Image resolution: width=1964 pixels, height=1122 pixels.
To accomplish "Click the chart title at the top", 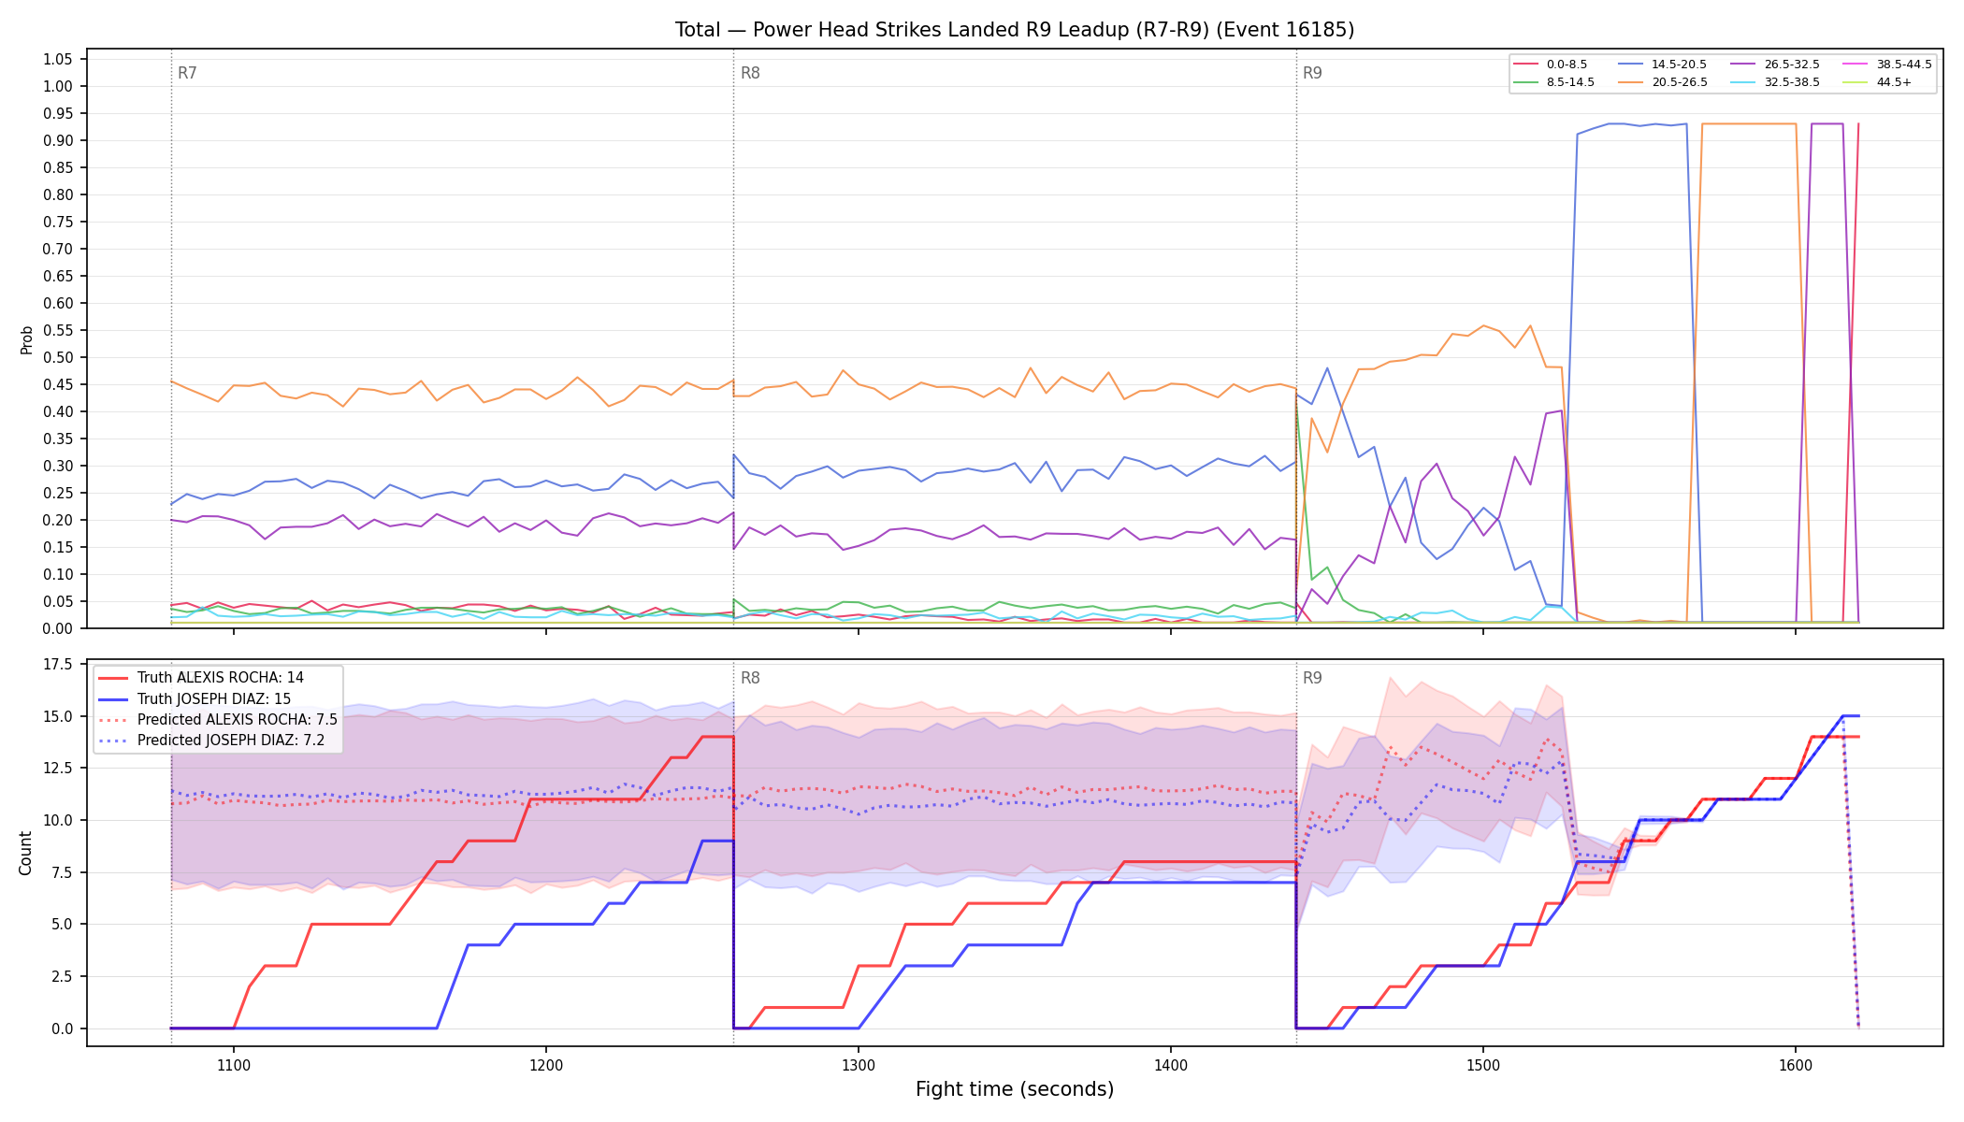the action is point(1015,30).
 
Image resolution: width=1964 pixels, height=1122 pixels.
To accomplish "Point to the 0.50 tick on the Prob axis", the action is point(57,357).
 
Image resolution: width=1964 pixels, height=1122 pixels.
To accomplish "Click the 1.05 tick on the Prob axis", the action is point(57,59).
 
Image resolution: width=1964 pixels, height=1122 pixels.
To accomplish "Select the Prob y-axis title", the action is point(26,339).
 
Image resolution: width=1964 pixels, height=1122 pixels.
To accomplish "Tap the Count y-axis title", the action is point(25,853).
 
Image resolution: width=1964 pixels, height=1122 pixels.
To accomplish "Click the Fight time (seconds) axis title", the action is point(1015,1089).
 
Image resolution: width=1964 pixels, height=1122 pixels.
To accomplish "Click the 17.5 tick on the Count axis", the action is point(58,665).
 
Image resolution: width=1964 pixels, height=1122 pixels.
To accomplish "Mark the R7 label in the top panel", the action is point(187,73).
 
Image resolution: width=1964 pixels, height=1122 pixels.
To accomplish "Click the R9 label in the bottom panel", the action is point(1312,678).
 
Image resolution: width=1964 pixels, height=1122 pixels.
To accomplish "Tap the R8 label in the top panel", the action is point(750,73).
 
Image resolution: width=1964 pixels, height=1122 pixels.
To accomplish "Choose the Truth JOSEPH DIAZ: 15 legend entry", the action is point(214,698).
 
